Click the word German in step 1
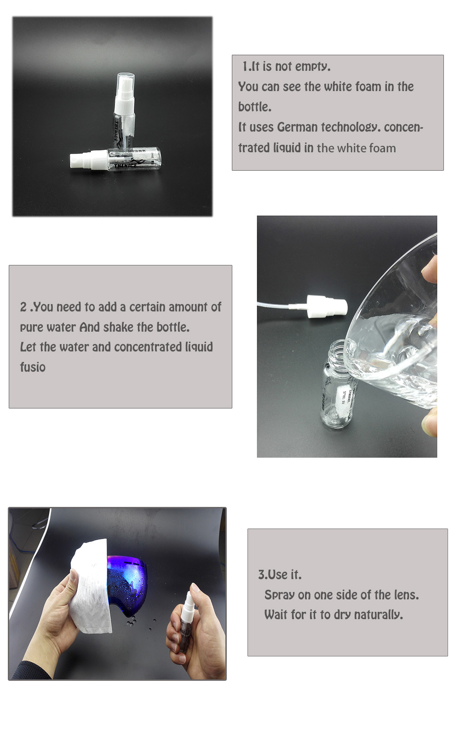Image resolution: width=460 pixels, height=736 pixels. tap(297, 127)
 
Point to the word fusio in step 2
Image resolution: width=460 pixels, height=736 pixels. tap(33, 368)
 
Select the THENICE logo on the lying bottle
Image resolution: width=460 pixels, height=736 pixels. tap(126, 166)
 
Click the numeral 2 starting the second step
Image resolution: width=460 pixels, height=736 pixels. tap(23, 307)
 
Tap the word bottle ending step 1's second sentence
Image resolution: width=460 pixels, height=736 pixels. tap(255, 107)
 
